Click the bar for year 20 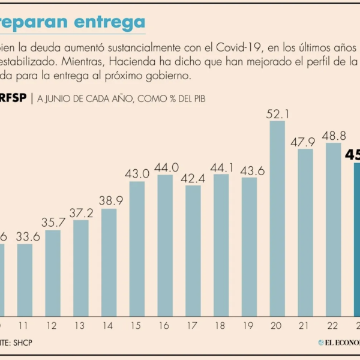click(x=277, y=218)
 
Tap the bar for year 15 click(x=137, y=248)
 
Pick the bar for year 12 click(x=53, y=272)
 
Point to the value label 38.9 click(x=109, y=200)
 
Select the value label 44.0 click(x=165, y=167)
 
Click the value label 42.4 click(x=193, y=178)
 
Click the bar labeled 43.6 click(x=249, y=246)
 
